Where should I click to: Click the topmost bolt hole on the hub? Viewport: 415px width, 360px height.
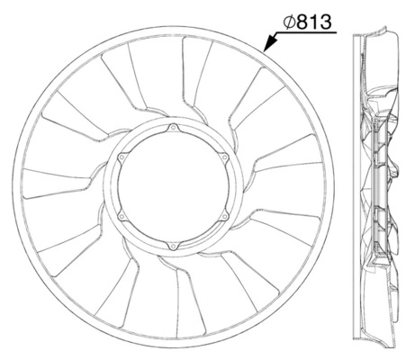coord(171,131)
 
